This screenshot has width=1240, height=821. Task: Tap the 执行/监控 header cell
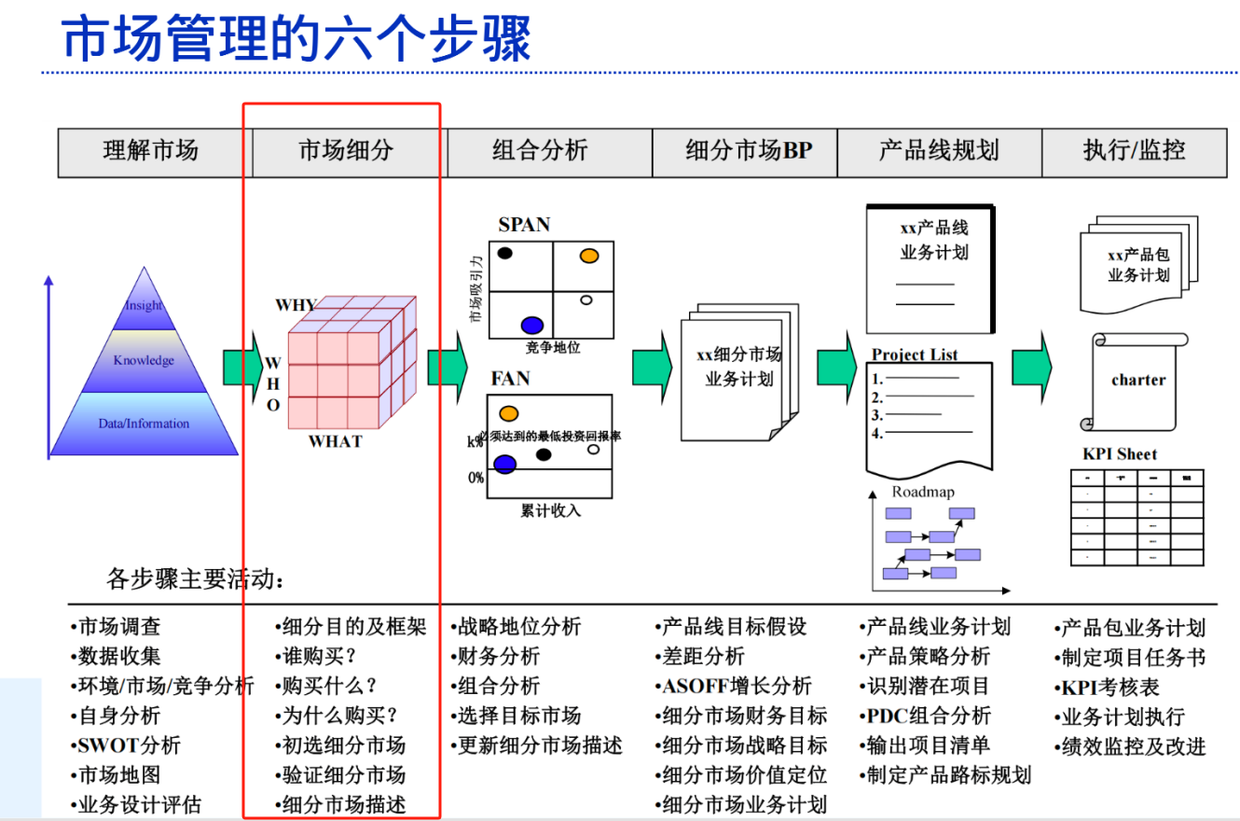[1134, 151]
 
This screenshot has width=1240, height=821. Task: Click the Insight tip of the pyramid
[144, 305]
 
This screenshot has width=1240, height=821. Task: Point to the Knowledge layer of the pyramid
[144, 361]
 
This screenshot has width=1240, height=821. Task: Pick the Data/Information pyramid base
[144, 424]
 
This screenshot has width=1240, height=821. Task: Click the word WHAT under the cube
[335, 441]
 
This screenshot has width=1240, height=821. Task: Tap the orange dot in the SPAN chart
[588, 256]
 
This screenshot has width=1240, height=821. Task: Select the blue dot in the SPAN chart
[532, 325]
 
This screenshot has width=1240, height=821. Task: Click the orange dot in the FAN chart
[508, 413]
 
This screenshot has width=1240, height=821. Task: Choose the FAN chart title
[510, 379]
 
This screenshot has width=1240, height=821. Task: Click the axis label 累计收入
[550, 510]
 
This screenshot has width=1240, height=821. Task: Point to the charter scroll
[1137, 381]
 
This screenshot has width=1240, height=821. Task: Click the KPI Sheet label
[1119, 454]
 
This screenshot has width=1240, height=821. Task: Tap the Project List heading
[915, 355]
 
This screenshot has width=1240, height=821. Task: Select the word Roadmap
[923, 492]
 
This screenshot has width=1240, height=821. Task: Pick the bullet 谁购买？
[320, 656]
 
